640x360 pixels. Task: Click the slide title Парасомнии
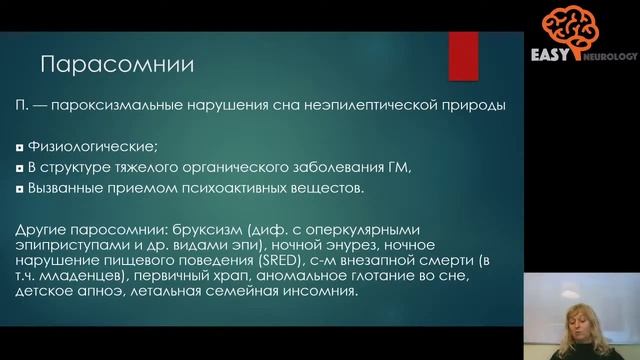pyautogui.click(x=116, y=66)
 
